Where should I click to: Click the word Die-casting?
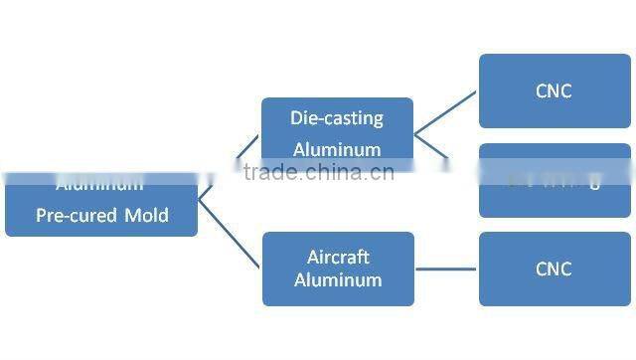(337, 118)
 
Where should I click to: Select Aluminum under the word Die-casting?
(337, 149)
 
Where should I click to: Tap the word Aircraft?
(338, 257)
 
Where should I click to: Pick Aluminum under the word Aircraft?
(338, 279)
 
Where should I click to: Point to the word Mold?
(146, 215)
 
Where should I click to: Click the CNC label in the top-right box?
(554, 91)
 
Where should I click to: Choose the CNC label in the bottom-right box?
(554, 269)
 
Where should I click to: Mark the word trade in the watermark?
(269, 173)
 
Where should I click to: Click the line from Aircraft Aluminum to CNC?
(445, 269)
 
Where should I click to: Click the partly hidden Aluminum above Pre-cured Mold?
(99, 185)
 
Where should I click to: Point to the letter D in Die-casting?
(296, 118)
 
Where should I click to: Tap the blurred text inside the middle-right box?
(555, 182)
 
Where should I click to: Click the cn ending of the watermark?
(383, 173)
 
